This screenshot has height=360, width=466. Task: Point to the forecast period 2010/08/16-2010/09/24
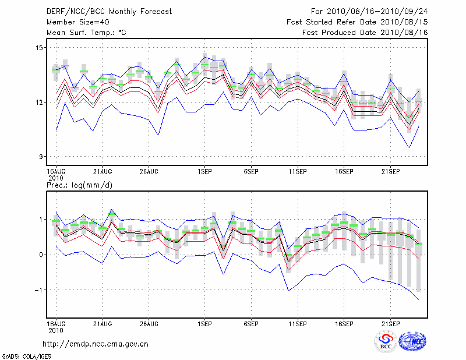(369, 11)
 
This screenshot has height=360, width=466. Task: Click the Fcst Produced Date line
(365, 33)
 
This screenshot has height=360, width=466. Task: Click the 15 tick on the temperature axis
(40, 47)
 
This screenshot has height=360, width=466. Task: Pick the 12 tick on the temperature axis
(40, 102)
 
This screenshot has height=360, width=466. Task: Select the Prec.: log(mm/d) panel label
(80, 185)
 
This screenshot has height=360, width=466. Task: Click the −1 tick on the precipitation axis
(38, 290)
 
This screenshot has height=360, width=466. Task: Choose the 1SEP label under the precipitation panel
(204, 323)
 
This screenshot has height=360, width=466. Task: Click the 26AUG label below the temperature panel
(149, 172)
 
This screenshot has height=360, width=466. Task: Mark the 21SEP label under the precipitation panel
(390, 323)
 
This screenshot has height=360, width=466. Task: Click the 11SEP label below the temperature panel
(298, 172)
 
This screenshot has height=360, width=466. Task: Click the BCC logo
(385, 342)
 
